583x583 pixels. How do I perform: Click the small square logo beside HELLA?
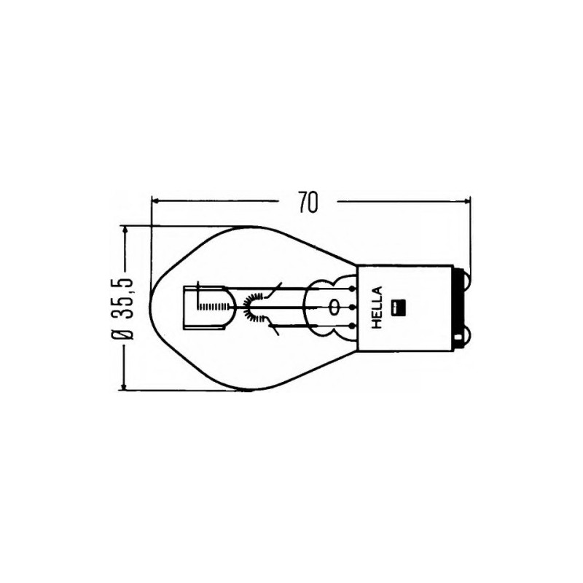tap(397, 307)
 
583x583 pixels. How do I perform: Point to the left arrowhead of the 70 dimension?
tap(155, 199)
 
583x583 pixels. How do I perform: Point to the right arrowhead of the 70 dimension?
tap(466, 199)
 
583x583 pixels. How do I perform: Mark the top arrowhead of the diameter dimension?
tap(125, 229)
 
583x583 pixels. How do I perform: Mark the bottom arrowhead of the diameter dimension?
tap(125, 386)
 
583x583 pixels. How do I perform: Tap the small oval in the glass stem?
tap(334, 307)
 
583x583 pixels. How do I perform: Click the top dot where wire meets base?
tap(353, 289)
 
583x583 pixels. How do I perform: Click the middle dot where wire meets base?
tap(353, 307)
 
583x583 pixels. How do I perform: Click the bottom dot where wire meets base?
tap(353, 325)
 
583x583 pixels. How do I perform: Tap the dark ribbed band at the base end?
tap(459, 307)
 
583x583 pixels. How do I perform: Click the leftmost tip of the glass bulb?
tap(149, 308)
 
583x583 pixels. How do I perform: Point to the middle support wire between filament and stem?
tap(291, 307)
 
